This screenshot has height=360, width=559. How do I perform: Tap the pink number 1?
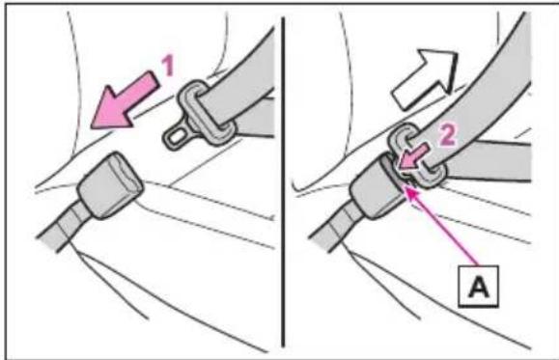168,66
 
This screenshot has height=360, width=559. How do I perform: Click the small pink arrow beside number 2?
413,156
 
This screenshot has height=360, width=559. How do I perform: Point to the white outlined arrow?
425,79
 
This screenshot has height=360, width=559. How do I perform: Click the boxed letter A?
479,286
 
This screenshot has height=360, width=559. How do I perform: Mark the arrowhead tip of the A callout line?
406,189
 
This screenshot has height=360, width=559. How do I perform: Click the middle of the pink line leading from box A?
442,227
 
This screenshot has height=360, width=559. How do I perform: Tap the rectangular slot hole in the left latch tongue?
176,136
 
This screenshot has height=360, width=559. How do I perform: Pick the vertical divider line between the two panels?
283,181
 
